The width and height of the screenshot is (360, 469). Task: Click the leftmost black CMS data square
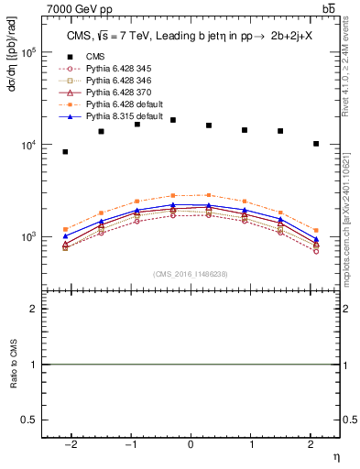65,152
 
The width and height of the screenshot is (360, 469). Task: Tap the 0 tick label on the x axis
191,445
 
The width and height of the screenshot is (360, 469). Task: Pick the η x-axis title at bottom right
334,456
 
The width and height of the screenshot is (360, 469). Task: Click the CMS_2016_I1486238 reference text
191,274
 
